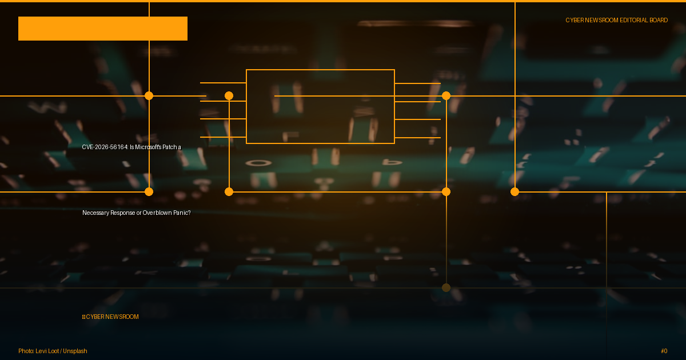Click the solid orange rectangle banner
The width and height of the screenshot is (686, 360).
103,29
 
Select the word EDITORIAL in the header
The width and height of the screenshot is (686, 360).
633,20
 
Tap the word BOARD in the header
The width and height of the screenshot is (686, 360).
659,20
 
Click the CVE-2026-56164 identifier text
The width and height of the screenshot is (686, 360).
105,147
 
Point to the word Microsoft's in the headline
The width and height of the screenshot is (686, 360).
148,147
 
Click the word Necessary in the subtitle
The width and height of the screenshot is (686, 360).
95,213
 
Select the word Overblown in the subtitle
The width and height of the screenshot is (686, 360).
157,213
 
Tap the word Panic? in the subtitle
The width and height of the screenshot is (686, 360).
182,213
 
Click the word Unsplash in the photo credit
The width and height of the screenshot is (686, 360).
75,351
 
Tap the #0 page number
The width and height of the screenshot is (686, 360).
664,351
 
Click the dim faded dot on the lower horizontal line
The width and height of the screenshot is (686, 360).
446,288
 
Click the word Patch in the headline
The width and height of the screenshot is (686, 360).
169,147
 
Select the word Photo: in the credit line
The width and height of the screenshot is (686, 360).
26,351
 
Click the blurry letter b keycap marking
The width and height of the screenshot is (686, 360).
393,161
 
